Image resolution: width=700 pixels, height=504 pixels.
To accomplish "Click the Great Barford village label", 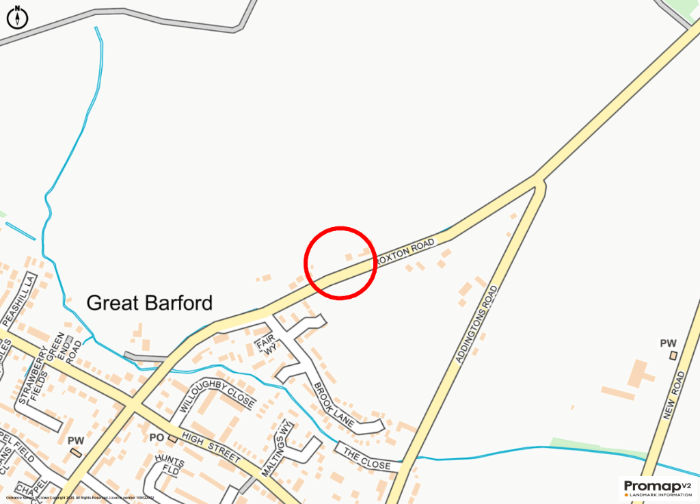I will [150, 302].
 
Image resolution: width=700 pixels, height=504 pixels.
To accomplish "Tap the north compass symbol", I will [17, 17].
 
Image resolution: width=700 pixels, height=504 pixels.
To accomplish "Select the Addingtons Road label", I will [474, 323].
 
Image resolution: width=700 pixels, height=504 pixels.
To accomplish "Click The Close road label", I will [366, 459].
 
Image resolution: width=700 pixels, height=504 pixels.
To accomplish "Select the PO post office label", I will [157, 438].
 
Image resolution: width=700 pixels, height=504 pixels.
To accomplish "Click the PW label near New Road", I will [668, 343].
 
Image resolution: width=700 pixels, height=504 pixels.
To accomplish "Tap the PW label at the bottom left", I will [75, 441].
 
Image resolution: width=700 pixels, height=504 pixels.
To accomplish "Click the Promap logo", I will [657, 488].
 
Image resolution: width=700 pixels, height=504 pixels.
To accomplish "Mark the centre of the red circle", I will [340, 263].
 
